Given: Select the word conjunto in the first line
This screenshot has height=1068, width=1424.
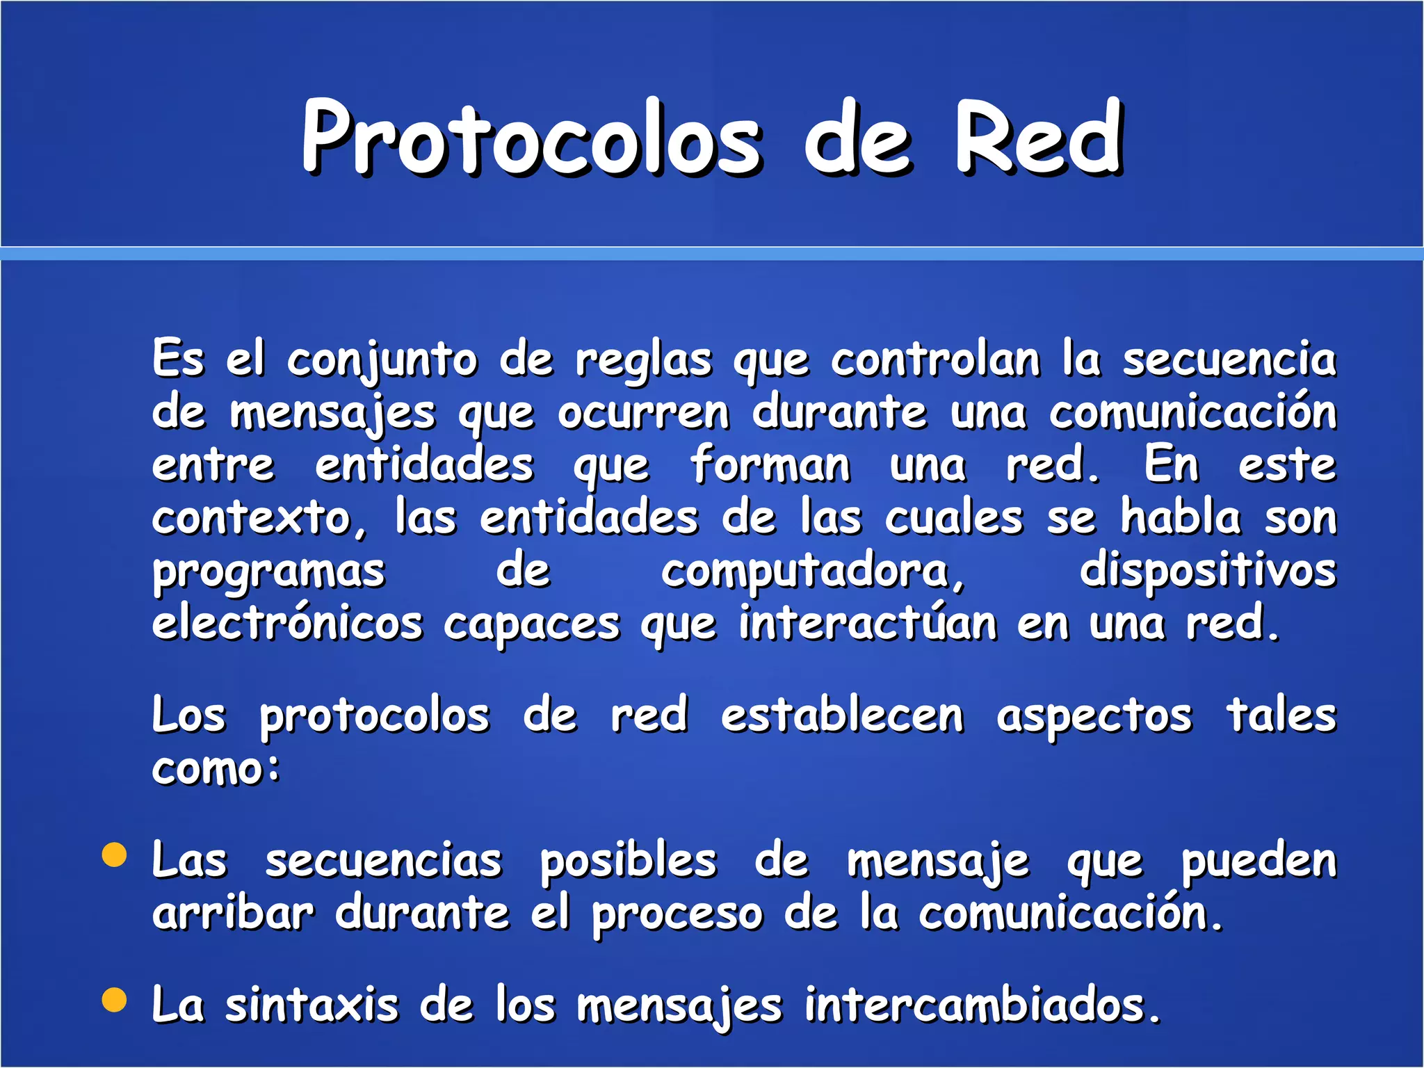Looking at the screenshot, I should (x=382, y=362).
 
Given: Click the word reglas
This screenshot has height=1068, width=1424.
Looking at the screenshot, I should (x=643, y=362).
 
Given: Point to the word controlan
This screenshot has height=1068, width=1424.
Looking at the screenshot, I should (x=935, y=360).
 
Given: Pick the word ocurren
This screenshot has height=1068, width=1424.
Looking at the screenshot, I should (x=644, y=413).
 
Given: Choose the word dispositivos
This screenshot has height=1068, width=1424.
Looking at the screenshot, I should (x=1208, y=572).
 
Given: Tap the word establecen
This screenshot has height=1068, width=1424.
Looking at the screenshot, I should (x=842, y=716).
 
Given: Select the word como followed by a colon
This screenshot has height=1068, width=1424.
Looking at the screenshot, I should (x=216, y=770).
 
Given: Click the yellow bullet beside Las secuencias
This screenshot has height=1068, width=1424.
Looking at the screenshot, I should (x=115, y=855).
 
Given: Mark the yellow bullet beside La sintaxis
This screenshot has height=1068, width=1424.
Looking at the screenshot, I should (x=115, y=1000).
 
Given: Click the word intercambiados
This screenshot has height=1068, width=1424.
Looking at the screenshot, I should (x=982, y=1005).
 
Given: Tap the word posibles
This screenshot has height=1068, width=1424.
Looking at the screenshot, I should (x=628, y=861).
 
